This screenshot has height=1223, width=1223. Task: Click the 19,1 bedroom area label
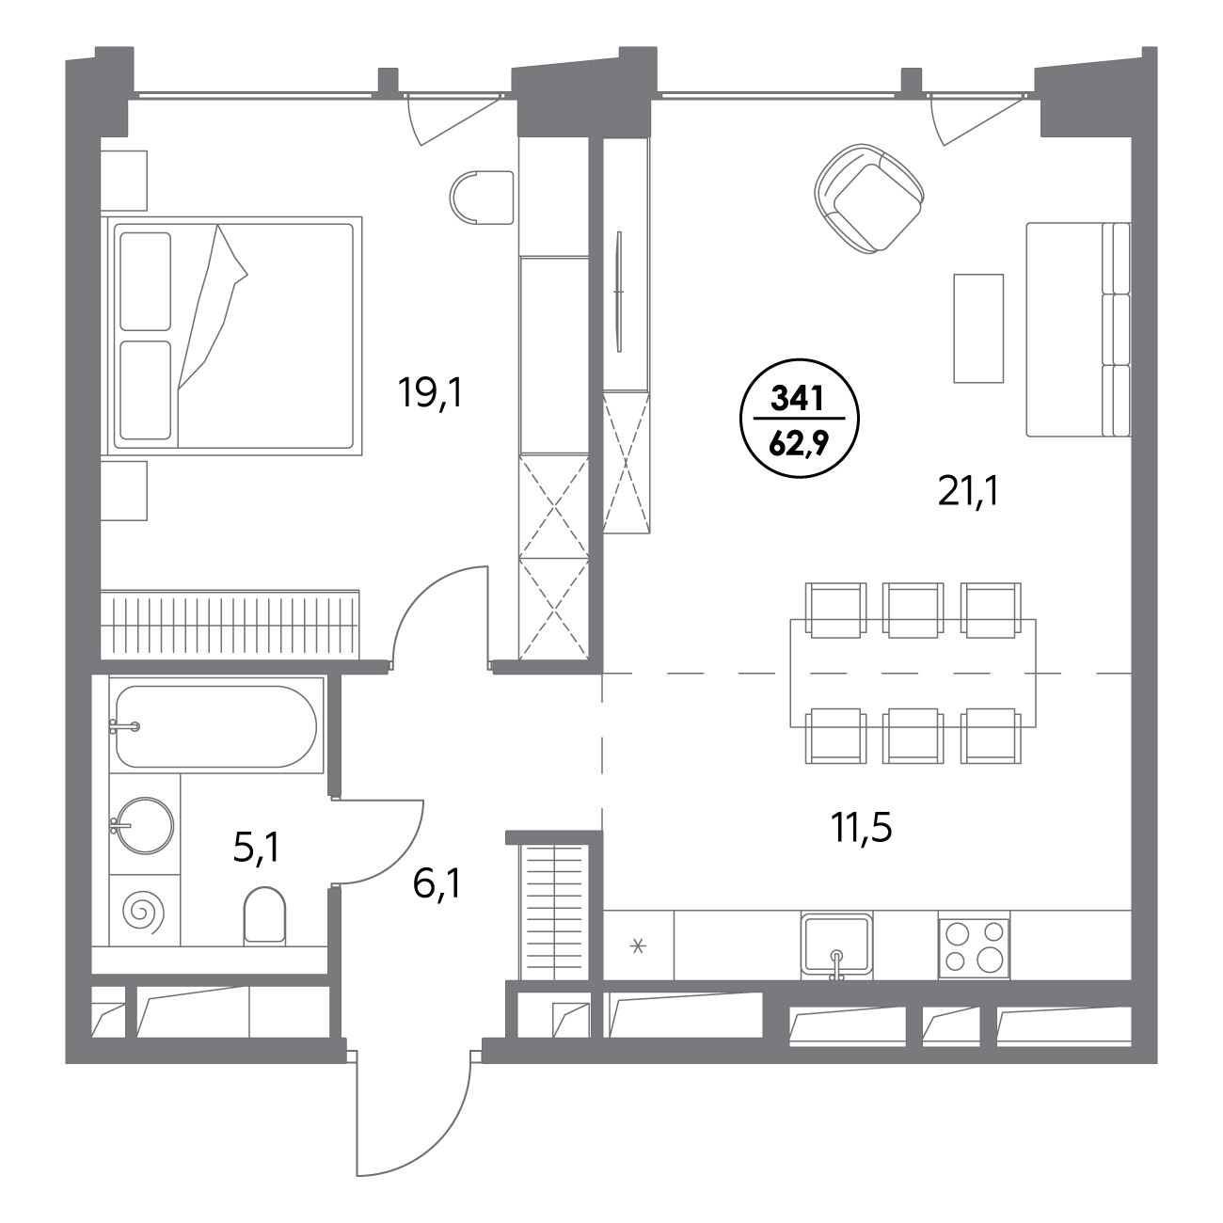coord(430,393)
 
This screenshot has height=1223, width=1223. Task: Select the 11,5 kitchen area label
coord(861,828)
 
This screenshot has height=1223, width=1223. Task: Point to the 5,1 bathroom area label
coord(257,848)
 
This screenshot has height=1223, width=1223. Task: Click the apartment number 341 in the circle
coord(797,399)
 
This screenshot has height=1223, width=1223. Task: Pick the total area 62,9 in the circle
coord(799,444)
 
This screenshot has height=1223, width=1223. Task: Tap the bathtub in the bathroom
coord(215,726)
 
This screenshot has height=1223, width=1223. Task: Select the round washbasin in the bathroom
coord(145,825)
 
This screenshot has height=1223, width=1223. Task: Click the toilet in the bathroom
coord(264,913)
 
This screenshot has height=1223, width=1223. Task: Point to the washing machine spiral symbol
coord(143,912)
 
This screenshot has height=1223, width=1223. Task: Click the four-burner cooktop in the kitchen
coord(975,948)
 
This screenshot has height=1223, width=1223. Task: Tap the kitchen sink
coord(836,944)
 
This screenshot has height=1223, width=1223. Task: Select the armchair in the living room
coord(868,199)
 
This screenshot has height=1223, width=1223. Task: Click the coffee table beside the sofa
coord(978,328)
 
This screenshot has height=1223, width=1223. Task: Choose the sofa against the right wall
coord(1078,329)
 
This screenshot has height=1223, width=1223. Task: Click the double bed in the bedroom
coord(235,337)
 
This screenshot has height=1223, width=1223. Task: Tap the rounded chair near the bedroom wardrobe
coord(482,197)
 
